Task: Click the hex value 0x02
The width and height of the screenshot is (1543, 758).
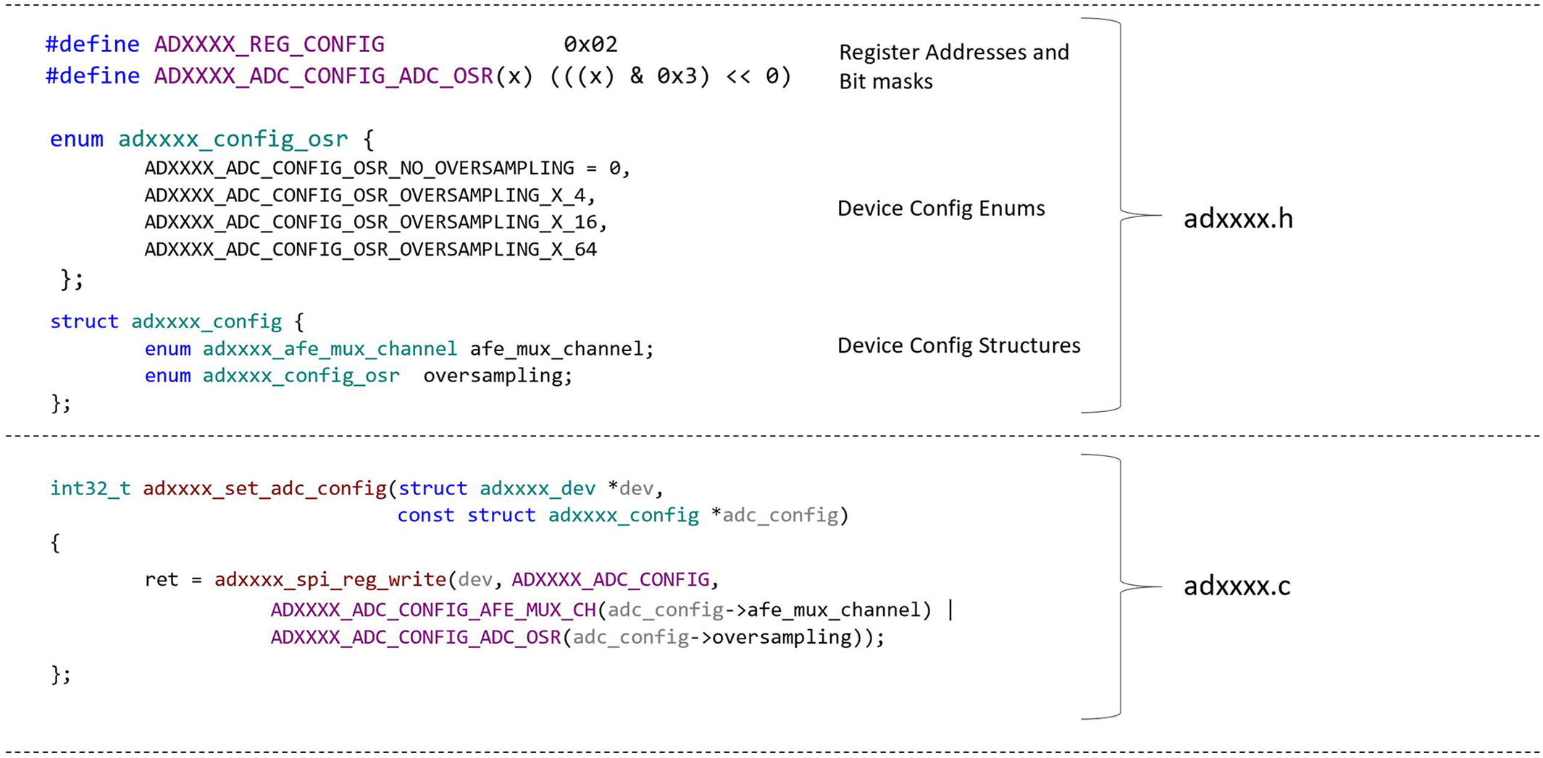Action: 590,45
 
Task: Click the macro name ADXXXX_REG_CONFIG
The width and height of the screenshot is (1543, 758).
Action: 269,45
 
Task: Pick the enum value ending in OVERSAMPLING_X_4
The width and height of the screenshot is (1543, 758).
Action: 369,195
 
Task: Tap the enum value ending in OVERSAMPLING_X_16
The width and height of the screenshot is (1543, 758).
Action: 375,222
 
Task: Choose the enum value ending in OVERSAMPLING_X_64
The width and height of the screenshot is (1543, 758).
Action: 370,250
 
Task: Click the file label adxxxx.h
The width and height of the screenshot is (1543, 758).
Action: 1237,219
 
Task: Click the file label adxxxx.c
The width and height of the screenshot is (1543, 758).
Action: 1237,586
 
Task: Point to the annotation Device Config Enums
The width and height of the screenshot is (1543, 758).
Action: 941,209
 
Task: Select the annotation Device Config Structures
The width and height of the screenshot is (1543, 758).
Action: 958,345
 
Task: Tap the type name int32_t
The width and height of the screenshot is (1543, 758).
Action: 90,489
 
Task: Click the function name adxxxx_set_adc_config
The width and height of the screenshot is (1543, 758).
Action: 264,489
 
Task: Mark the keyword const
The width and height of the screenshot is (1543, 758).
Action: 425,515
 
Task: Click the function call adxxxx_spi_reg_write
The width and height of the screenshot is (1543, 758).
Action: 330,580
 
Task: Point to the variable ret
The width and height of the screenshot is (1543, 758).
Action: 161,580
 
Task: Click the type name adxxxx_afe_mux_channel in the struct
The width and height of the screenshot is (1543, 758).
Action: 330,349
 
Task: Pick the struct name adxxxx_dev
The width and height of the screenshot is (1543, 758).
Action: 537,489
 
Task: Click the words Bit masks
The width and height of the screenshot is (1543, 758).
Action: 885,82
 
